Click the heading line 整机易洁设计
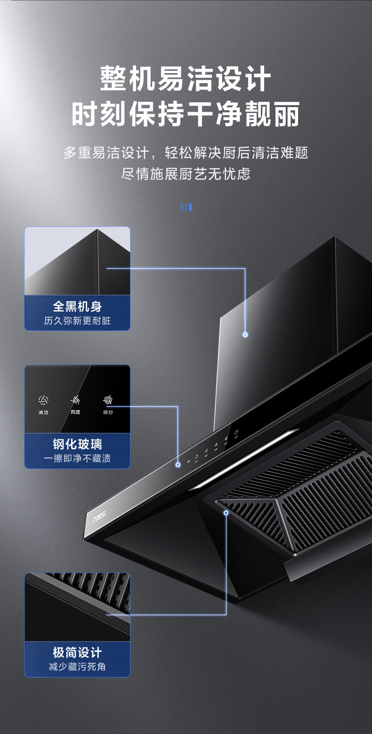186,79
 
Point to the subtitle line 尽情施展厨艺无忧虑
186,174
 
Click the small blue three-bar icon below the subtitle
186,207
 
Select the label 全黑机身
77,306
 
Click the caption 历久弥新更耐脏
77,321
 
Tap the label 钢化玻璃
77,444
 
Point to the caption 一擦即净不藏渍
77,459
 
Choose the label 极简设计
77,652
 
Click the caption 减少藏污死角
77,667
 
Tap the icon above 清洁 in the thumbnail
43,401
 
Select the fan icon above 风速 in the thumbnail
75,401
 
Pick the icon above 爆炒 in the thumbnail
108,401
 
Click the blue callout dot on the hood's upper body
245,335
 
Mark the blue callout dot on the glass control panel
178,465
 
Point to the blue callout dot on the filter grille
226,512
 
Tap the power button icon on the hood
236,432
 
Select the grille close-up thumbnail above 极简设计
77,607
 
